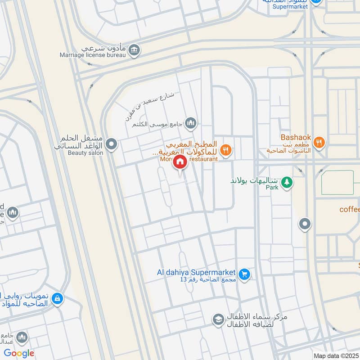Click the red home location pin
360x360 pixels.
click(x=180, y=162)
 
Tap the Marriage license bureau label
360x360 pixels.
click(x=91, y=55)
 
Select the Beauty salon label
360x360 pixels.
click(x=85, y=153)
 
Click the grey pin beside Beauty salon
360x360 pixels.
click(x=112, y=144)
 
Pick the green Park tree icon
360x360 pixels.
click(x=287, y=182)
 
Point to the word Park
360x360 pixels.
click(x=272, y=187)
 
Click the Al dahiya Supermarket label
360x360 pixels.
click(x=196, y=272)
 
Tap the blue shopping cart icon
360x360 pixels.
click(x=244, y=274)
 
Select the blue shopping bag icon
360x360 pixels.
click(x=57, y=298)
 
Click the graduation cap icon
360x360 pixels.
click(x=218, y=319)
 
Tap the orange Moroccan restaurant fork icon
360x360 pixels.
click(x=226, y=150)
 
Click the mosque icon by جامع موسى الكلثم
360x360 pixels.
click(x=191, y=122)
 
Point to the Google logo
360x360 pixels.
click(x=19, y=353)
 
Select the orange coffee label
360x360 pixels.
click(x=350, y=209)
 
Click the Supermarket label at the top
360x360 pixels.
click(x=290, y=6)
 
